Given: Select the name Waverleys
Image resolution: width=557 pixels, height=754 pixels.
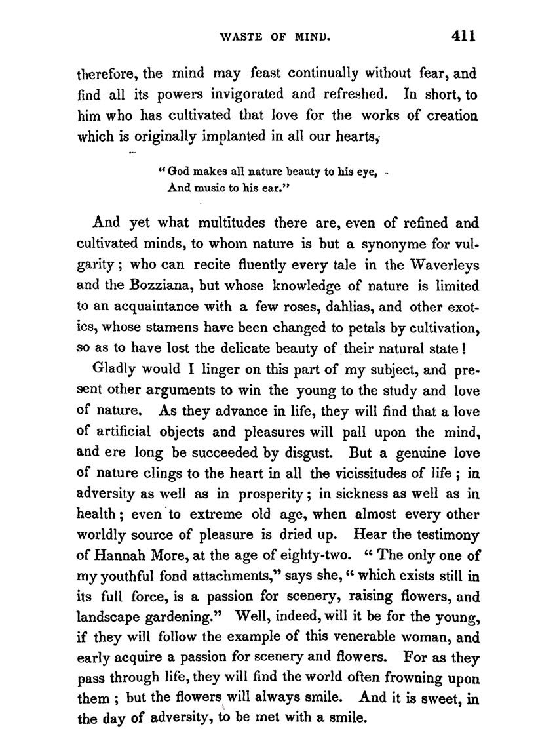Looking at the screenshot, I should pos(439,266).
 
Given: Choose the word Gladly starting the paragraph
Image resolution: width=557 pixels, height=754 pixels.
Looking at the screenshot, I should pos(116,370).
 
